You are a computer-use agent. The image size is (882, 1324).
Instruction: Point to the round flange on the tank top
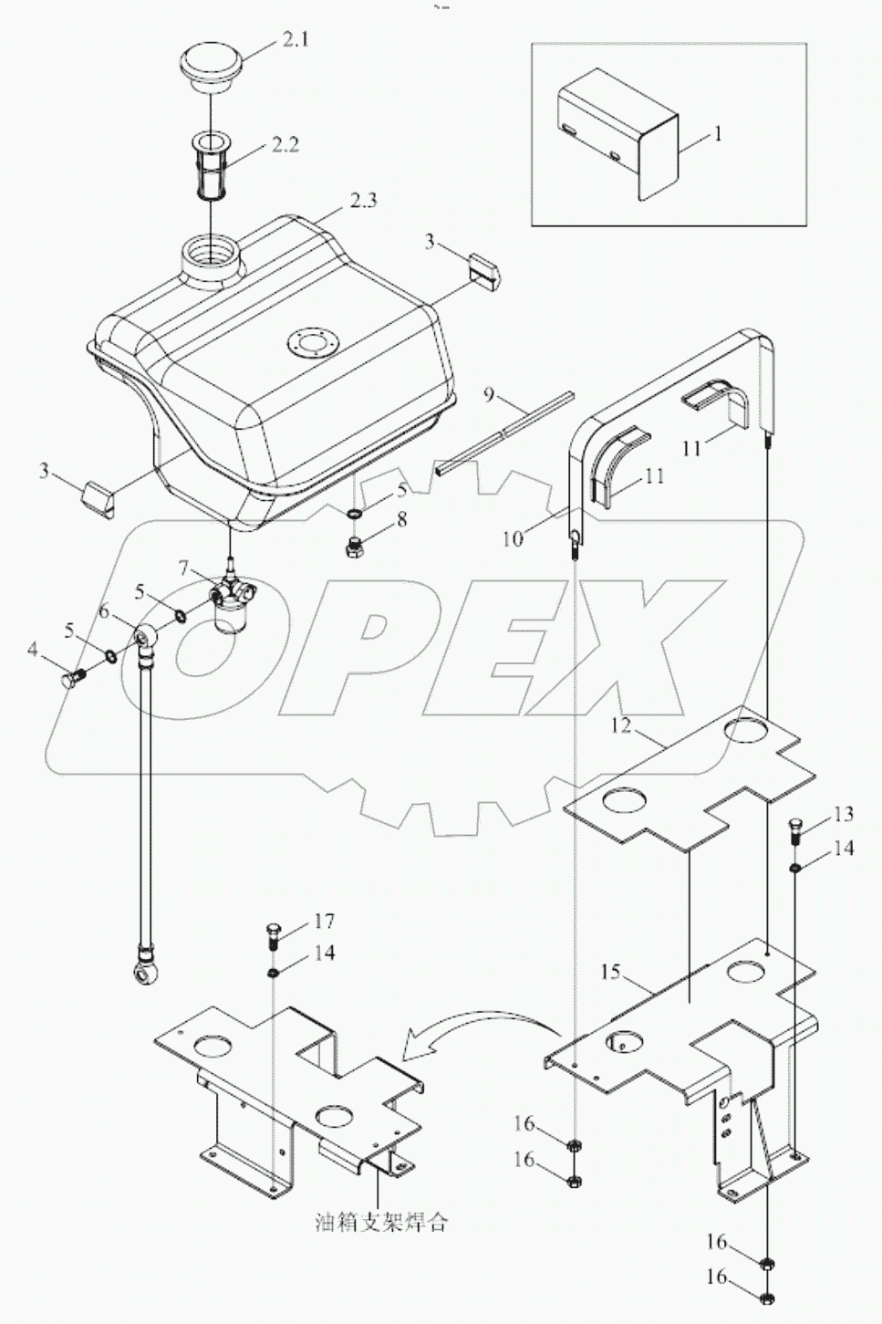(x=312, y=344)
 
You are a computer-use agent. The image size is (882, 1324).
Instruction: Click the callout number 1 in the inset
(x=718, y=134)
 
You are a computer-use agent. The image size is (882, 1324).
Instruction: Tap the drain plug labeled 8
(x=357, y=550)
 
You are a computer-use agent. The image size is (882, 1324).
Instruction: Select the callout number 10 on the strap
(x=513, y=538)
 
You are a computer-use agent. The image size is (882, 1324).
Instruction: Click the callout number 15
(x=609, y=972)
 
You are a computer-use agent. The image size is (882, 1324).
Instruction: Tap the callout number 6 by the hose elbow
(x=104, y=613)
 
